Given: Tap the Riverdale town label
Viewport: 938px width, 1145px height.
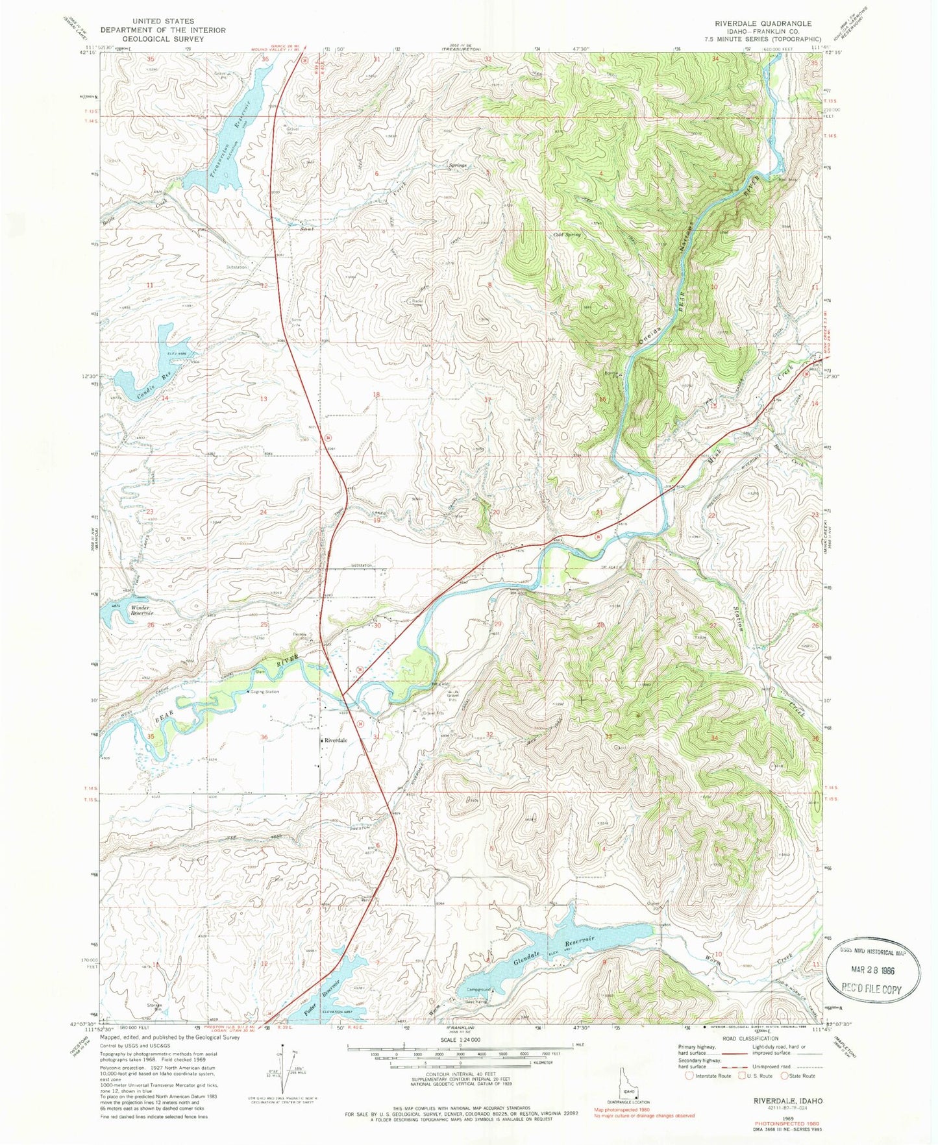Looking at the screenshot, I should [x=336, y=741].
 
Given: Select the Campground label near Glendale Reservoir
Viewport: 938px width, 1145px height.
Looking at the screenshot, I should [x=478, y=991].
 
